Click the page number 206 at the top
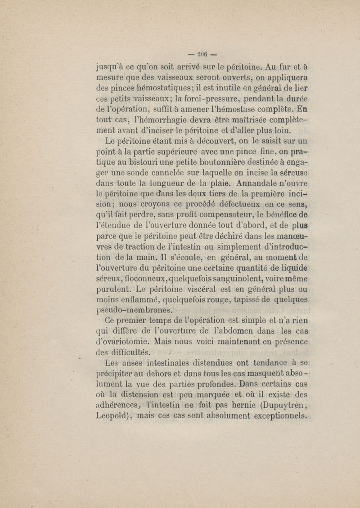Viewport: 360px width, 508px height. pyautogui.click(x=198, y=54)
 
